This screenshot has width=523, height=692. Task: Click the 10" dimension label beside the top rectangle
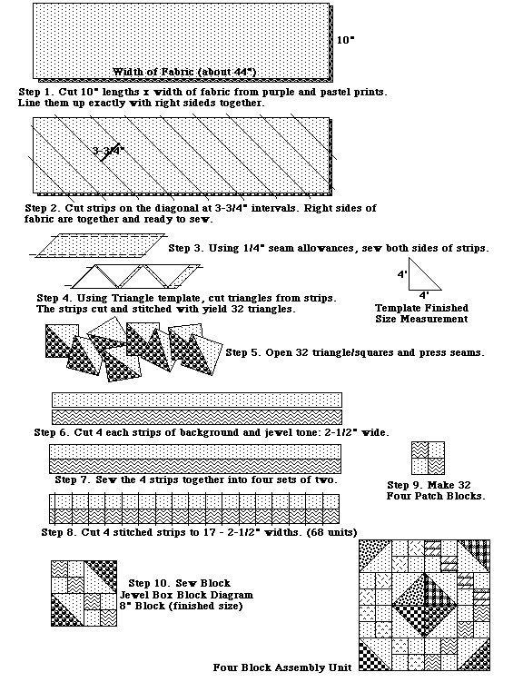pyautogui.click(x=346, y=40)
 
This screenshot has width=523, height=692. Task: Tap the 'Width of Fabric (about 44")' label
pyautogui.click(x=184, y=72)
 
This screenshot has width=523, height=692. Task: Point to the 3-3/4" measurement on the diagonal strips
pyautogui.click(x=109, y=151)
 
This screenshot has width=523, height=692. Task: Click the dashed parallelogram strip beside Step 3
pyautogui.click(x=100, y=245)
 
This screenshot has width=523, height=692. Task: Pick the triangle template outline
pyautogui.click(x=425, y=274)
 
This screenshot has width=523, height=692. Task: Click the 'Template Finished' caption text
pyautogui.click(x=421, y=308)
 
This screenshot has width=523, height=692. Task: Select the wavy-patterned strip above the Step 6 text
pyautogui.click(x=197, y=417)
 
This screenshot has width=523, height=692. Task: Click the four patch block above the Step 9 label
pyautogui.click(x=428, y=458)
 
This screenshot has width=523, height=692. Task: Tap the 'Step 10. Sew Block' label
pyautogui.click(x=180, y=583)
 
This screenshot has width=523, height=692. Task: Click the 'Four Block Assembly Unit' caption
pyautogui.click(x=282, y=667)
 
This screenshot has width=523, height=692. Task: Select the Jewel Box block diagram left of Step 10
pyautogui.click(x=84, y=593)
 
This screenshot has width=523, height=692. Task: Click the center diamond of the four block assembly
pyautogui.click(x=425, y=605)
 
